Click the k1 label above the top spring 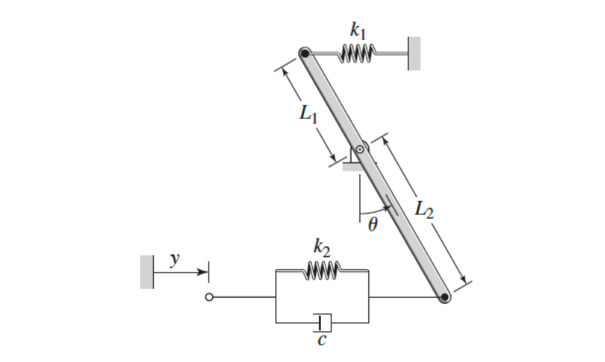(358, 30)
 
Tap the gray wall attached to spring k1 (414, 53)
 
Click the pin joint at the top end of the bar (304, 53)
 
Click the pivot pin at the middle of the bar (359, 149)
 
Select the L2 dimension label (423, 209)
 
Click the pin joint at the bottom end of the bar (445, 298)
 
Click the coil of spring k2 (321, 270)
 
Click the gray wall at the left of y (146, 271)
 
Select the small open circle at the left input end (209, 298)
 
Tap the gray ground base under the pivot (354, 166)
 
